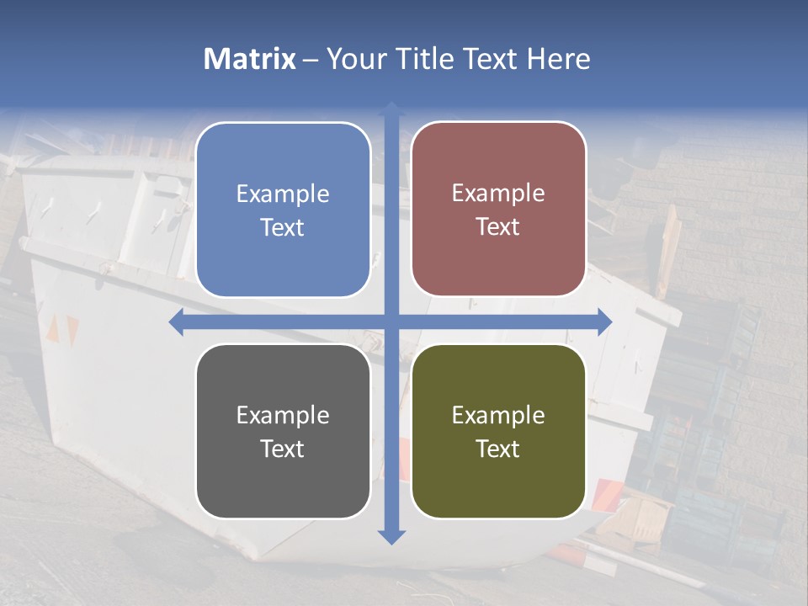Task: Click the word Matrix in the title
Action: coord(250,59)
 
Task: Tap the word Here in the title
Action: coord(559,59)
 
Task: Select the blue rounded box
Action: coord(283,210)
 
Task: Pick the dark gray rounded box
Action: coord(283,431)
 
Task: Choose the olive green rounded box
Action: coord(498,431)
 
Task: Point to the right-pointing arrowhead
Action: coord(604,322)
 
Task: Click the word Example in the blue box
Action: coord(283,194)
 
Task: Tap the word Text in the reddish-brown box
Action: coord(498,226)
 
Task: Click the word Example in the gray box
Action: coord(283,415)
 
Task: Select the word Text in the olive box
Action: coord(498,449)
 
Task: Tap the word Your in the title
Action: coord(353,59)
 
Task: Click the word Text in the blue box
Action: coord(283,227)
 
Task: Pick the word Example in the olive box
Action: coord(498,415)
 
